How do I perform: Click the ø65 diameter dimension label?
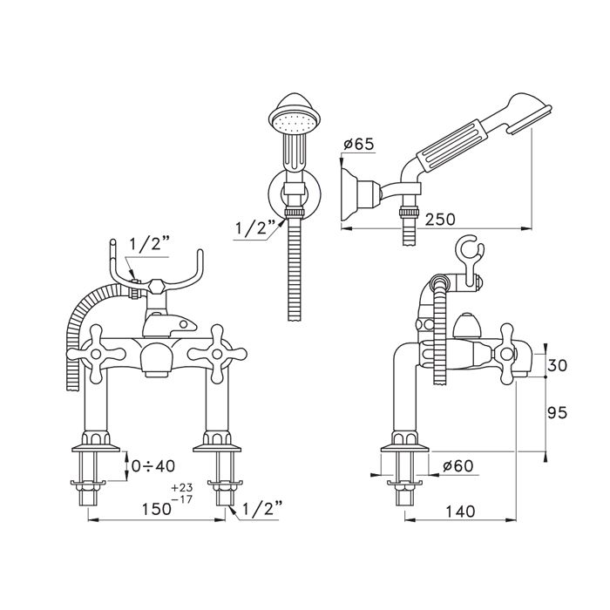point(358,144)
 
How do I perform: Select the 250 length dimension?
point(439,220)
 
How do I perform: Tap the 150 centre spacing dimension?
point(156,509)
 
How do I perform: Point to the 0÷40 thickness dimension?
point(152,465)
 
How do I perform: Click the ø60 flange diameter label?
point(457,465)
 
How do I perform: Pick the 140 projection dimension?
point(460,512)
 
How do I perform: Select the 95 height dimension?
point(557,412)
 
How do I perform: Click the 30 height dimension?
point(557,365)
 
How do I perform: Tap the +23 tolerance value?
point(182,488)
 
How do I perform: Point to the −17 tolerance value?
point(182,499)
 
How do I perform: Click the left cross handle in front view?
point(96,354)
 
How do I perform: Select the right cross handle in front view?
point(217,354)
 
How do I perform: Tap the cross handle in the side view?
point(506,354)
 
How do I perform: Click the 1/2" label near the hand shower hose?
point(254,228)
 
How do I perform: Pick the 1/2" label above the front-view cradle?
point(149,244)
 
